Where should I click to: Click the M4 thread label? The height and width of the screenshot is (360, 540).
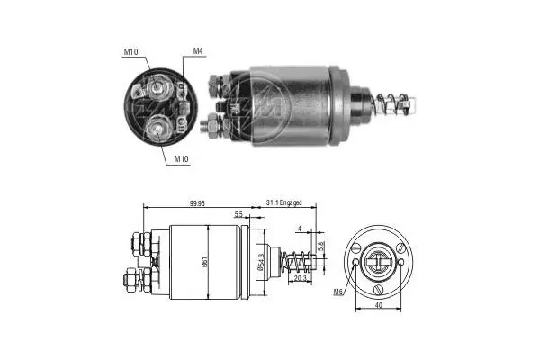198,51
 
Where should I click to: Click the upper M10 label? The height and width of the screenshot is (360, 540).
130,52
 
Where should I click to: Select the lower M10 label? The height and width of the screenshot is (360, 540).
181,158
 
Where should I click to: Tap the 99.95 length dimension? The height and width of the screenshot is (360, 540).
197,203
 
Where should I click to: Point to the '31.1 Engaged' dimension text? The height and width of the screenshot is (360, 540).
283,202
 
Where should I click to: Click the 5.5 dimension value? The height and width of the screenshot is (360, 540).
238,214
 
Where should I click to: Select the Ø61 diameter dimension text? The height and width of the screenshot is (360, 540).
204,263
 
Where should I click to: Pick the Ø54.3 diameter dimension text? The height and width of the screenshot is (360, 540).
261,262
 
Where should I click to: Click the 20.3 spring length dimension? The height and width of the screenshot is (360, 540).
301,278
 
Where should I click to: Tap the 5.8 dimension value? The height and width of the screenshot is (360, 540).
321,246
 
